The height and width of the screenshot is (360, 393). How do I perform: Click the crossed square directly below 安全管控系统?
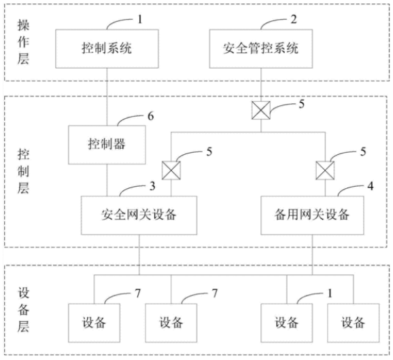261,110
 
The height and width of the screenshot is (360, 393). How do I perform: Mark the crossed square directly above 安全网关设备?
171,170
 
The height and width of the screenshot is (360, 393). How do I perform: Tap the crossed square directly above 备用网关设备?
325,170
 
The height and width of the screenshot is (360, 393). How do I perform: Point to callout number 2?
294,19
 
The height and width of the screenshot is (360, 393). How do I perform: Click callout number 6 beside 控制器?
150,116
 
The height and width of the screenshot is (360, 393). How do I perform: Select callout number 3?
152,186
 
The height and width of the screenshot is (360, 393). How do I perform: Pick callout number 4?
370,186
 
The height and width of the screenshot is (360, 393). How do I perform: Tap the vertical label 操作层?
23,42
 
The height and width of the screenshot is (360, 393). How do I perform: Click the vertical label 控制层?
23,171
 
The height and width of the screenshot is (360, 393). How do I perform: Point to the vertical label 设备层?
23,310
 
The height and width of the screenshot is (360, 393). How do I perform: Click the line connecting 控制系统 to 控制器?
107,97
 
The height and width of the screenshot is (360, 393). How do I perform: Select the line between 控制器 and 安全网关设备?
107,180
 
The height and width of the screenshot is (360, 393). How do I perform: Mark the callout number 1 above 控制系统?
140,19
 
